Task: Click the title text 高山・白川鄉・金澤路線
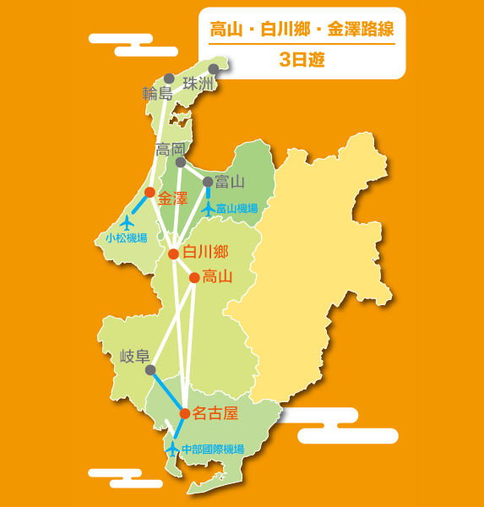[302, 30]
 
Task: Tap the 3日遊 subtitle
[302, 60]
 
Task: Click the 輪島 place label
[157, 93]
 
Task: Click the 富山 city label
[230, 181]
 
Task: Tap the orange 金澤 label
[172, 198]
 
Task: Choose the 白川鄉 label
[205, 251]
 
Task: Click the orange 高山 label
[217, 275]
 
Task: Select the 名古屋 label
[215, 413]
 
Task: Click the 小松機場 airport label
[127, 238]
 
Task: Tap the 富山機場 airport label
[237, 208]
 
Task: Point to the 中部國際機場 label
[213, 449]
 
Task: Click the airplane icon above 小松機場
[128, 222]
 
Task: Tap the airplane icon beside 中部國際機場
[172, 448]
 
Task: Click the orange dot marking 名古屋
[185, 413]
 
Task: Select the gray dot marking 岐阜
[150, 370]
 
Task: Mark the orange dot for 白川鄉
[173, 253]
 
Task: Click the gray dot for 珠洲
[214, 69]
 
